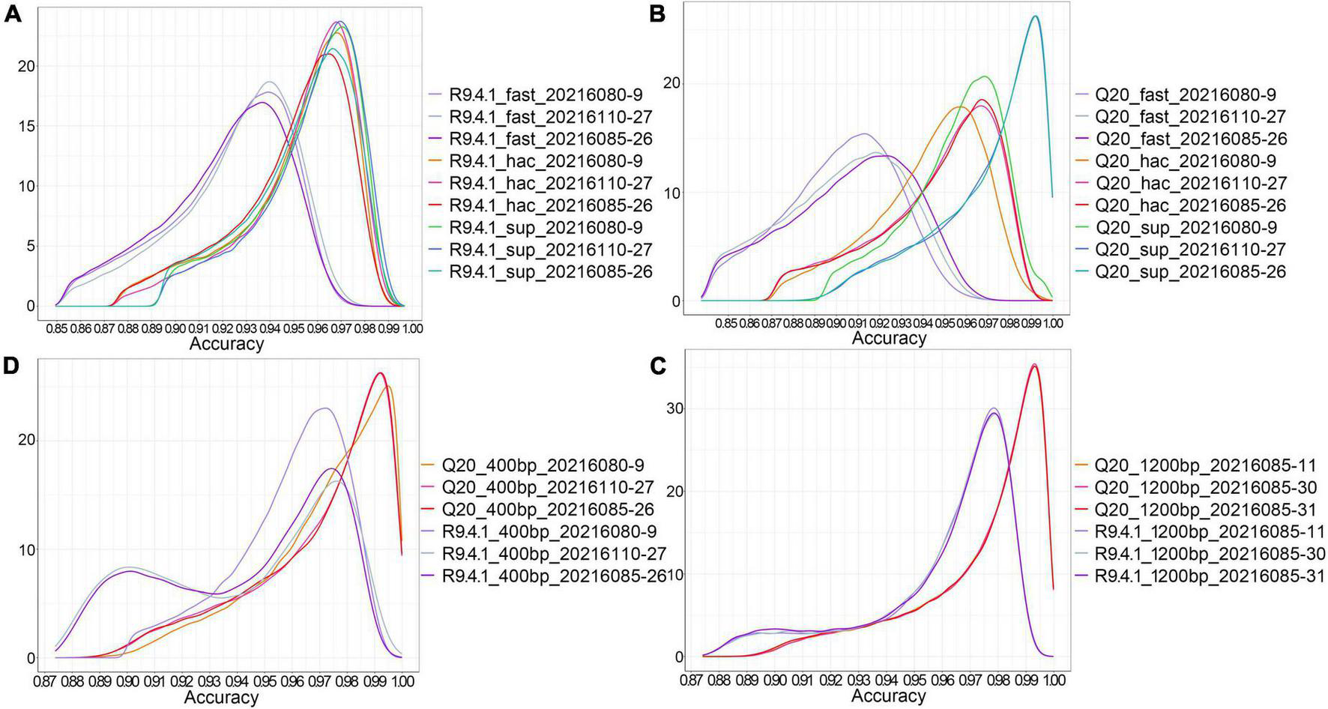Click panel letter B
pos(657,13)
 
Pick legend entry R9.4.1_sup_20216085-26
pos(550,271)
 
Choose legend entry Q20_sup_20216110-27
pos(1191,250)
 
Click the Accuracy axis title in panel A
pos(226,344)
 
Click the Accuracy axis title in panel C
pos(889,696)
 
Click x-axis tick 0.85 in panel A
pos(56,328)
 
